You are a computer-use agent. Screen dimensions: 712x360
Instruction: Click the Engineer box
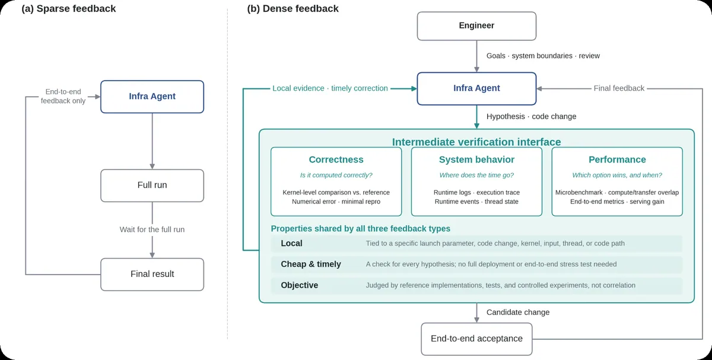tap(476, 26)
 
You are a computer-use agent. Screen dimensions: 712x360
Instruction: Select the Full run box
tap(152, 186)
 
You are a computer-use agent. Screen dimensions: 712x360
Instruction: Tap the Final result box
tap(152, 274)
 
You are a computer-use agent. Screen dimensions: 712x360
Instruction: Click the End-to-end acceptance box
tap(476, 339)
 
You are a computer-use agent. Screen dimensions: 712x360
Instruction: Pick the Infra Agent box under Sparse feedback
tap(152, 97)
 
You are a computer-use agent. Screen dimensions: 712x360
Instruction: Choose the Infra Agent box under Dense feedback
tap(476, 88)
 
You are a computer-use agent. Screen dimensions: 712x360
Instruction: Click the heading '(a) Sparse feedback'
tap(69, 8)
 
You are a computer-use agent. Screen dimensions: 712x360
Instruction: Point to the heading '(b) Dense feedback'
tap(293, 8)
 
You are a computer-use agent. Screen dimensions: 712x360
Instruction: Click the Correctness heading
tap(336, 159)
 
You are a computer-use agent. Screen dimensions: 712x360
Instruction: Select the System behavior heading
tap(476, 159)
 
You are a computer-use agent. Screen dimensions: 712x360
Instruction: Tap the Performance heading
tap(617, 159)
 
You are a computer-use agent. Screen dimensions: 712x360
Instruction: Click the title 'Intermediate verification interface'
tap(476, 142)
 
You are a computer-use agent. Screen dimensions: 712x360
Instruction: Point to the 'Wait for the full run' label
tap(152, 230)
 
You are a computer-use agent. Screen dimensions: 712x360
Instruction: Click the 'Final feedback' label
tap(619, 88)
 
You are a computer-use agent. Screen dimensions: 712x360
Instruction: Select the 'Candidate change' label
tap(518, 313)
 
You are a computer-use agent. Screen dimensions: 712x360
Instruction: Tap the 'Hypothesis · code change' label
tap(531, 116)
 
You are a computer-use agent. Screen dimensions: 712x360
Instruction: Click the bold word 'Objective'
tap(299, 285)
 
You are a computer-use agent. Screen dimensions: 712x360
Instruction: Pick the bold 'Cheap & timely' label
tap(310, 264)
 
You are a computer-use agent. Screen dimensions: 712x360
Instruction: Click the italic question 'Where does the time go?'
tap(476, 175)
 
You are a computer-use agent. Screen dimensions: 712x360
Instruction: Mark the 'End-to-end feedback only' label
tap(63, 96)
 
